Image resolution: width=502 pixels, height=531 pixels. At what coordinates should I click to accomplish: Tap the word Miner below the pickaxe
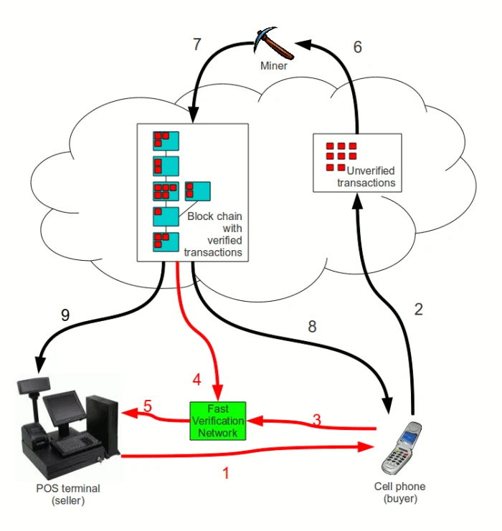(x=274, y=66)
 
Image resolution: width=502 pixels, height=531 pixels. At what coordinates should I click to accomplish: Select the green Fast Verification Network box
(x=218, y=420)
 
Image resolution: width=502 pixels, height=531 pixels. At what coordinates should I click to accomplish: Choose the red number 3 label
(x=316, y=420)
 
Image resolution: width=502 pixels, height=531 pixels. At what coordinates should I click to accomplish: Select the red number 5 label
(x=148, y=406)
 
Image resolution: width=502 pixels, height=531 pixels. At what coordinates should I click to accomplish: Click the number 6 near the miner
(x=357, y=47)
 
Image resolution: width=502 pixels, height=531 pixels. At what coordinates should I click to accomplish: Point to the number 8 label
(x=311, y=327)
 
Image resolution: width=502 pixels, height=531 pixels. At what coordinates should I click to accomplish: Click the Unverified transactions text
(x=366, y=177)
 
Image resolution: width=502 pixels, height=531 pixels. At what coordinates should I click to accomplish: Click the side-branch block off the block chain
(x=197, y=191)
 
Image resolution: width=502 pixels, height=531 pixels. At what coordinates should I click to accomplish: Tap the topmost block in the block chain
(x=165, y=140)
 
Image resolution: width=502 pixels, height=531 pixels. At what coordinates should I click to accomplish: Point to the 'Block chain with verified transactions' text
(x=213, y=234)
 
